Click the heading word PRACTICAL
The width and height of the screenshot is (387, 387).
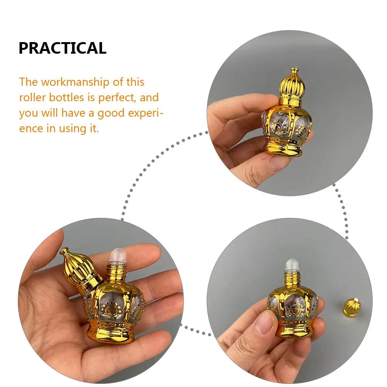click(x=63, y=48)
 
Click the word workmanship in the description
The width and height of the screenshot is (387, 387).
click(x=75, y=82)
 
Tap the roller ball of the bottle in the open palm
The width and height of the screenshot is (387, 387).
click(x=117, y=256)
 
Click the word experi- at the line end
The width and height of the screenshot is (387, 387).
click(x=146, y=114)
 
